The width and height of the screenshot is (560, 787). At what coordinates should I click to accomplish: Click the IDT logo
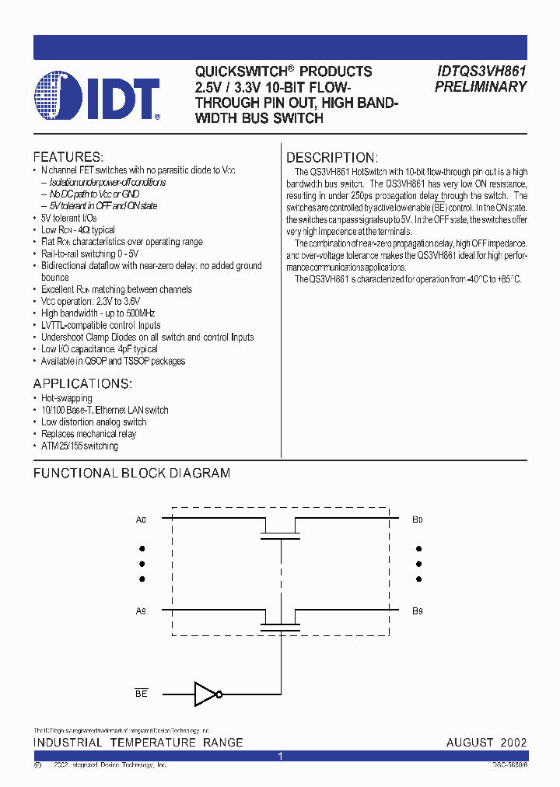(x=98, y=97)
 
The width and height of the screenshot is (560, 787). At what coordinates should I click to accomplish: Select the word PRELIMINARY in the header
(x=481, y=87)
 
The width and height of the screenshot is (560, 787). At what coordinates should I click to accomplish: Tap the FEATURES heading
(x=68, y=156)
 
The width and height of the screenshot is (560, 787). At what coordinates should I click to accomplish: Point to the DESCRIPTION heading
(x=332, y=157)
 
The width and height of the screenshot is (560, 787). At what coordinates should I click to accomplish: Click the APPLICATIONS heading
(x=82, y=384)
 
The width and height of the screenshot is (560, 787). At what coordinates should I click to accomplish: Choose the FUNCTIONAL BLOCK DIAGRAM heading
(x=131, y=473)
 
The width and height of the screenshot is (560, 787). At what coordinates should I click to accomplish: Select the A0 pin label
(x=141, y=518)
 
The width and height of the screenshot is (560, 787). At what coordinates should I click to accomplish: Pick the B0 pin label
(x=418, y=518)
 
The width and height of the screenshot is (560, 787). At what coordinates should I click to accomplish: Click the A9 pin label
(x=141, y=611)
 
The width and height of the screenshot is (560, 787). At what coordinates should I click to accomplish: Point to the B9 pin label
(x=418, y=611)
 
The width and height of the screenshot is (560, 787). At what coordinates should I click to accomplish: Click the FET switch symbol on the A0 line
(x=280, y=530)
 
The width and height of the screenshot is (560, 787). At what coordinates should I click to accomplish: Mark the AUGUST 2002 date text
(x=486, y=743)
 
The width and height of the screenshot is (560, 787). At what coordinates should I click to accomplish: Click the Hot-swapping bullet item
(x=67, y=398)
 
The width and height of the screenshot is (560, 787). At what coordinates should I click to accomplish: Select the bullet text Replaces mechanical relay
(x=89, y=434)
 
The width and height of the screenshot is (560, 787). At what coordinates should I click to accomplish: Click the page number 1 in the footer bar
(x=280, y=756)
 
